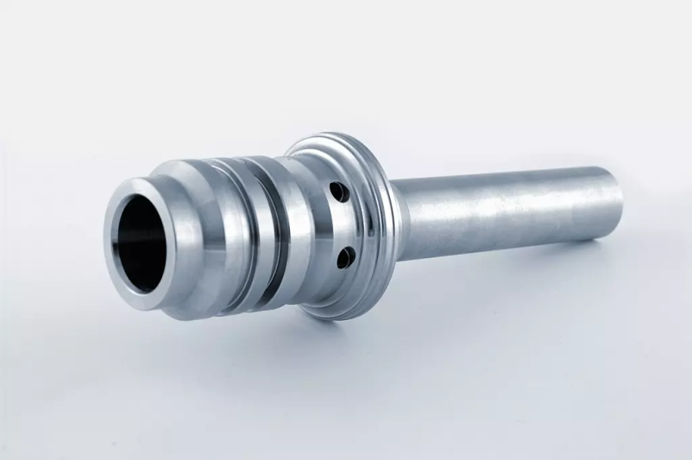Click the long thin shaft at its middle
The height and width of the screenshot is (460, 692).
[509, 211]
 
